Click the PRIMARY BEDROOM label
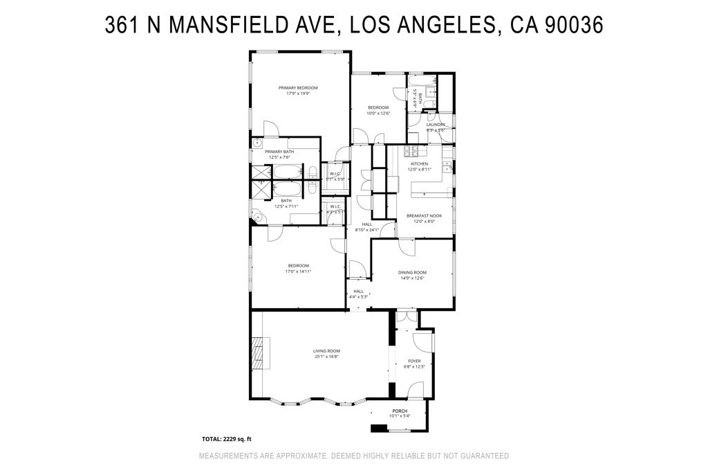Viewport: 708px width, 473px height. [298, 88]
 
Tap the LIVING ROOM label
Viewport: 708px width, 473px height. [326, 351]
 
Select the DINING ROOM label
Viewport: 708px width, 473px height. [413, 272]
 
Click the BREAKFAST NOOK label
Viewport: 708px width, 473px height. [424, 215]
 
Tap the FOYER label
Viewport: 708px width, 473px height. [414, 361]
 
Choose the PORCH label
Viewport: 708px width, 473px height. [400, 411]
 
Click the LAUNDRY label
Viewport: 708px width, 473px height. [436, 125]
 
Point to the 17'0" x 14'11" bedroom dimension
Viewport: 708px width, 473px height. [298, 271]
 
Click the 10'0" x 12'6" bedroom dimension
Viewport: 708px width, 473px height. [378, 113]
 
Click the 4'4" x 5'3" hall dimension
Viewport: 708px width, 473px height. [358, 296]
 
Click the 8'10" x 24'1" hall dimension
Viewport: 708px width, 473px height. [367, 229]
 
